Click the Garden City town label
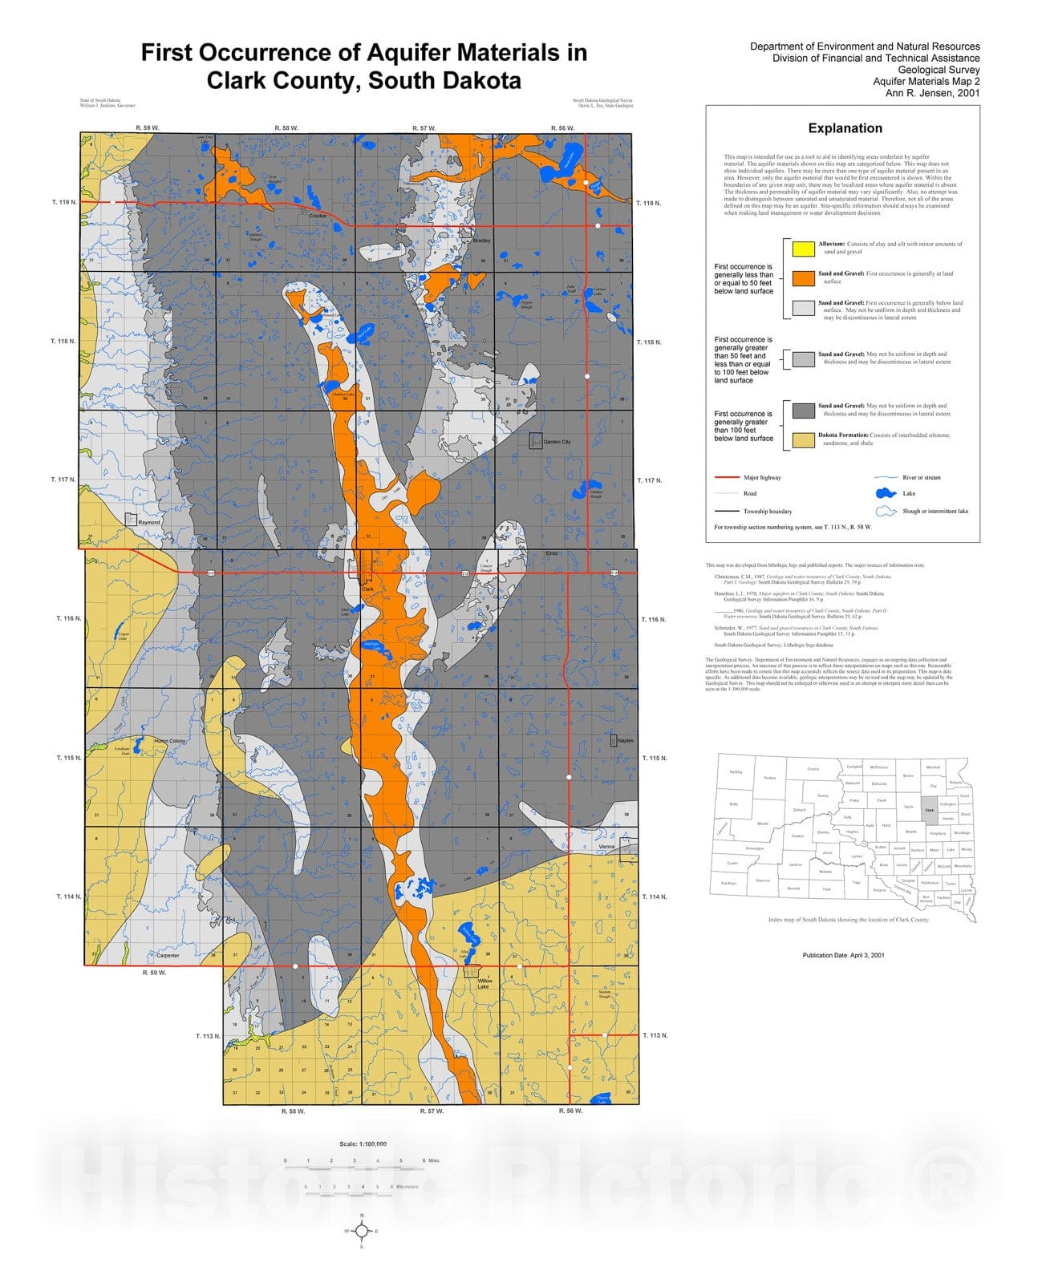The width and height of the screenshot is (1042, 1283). coord(557,442)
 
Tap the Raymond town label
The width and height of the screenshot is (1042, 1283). coord(149,522)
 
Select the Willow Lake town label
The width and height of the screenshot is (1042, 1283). coord(484,984)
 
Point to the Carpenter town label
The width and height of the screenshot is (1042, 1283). coord(168,956)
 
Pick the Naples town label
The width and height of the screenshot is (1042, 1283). coord(625,740)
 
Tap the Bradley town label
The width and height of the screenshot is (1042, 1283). coord(481,241)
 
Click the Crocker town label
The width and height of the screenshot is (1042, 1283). coord(318,217)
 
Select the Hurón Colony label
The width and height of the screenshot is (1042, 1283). coord(169,741)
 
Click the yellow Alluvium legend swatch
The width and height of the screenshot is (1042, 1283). coord(803,248)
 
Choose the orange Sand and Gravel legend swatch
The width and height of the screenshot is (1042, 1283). coord(803,278)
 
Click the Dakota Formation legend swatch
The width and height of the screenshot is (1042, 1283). coord(803,439)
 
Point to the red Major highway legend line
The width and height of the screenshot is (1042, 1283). coord(726,478)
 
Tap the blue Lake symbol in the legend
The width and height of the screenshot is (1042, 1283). coord(886,494)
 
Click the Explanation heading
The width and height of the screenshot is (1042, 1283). coord(845,128)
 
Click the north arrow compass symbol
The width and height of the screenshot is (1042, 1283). coord(362,1231)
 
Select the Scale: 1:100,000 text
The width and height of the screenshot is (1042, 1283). coord(363,1144)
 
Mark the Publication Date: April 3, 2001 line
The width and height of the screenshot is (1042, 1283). coord(843,955)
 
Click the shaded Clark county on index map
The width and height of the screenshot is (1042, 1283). coord(930,810)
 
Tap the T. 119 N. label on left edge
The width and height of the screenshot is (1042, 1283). coord(65,202)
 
